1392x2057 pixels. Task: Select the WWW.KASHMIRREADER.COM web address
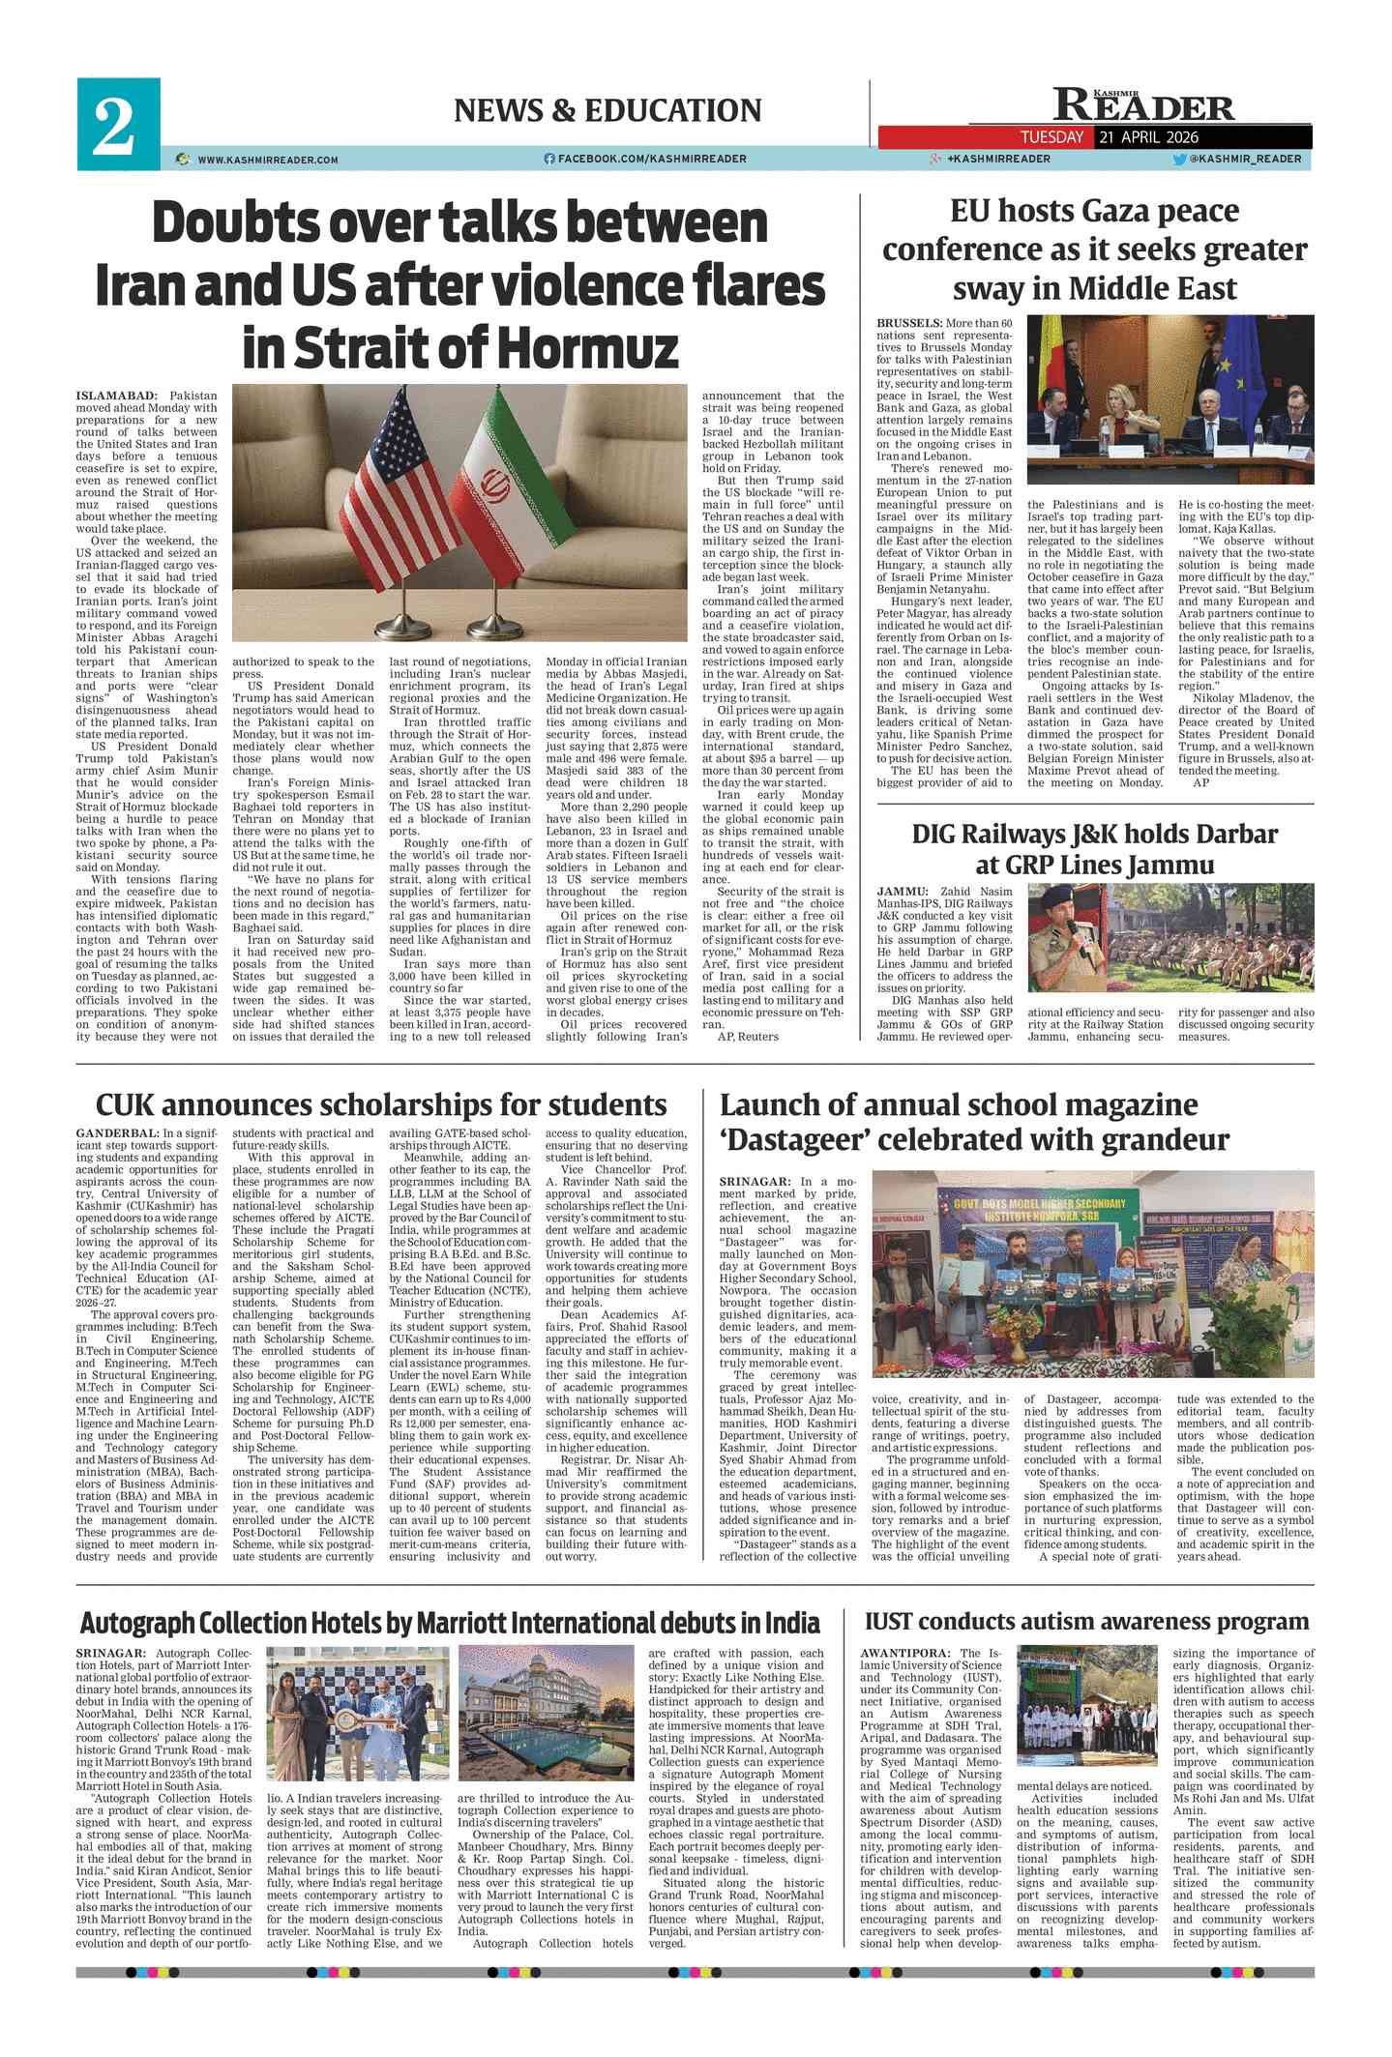pos(267,160)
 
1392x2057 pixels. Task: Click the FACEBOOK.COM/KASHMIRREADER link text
pos(651,159)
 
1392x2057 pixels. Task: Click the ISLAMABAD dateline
pos(116,396)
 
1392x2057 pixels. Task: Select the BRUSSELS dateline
pos(909,323)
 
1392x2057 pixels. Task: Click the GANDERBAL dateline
pos(118,1132)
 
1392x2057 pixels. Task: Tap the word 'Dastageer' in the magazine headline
pos(793,1139)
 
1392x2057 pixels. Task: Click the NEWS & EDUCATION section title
pos(607,110)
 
